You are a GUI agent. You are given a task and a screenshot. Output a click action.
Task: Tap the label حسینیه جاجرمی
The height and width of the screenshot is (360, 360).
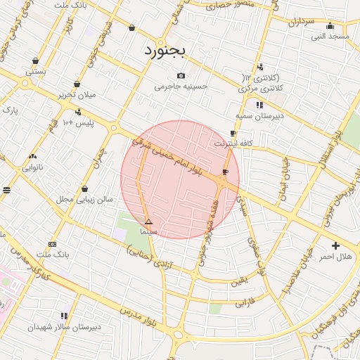[x=181, y=87]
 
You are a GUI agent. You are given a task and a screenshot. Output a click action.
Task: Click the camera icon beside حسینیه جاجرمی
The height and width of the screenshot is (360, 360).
[x=181, y=75]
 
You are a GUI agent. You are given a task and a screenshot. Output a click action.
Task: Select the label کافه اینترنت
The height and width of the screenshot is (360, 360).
[x=233, y=143]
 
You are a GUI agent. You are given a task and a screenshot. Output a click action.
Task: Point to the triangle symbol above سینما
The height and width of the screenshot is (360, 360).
[x=148, y=221]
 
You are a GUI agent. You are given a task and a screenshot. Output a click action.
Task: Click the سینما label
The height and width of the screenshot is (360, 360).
[x=148, y=231]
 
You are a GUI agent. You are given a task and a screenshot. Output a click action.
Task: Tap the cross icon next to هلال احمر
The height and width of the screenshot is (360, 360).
[x=335, y=246]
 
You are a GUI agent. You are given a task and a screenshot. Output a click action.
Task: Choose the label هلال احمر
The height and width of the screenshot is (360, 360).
[x=335, y=257]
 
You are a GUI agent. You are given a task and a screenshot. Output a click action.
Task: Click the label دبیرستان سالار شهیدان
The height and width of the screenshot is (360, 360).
[x=65, y=327]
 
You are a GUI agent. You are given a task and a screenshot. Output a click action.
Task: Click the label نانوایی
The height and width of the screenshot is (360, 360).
[x=32, y=167]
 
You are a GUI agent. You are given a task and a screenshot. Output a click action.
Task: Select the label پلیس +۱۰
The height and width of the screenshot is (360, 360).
[x=78, y=124]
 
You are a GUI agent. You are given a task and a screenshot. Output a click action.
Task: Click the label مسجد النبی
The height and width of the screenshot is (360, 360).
[x=330, y=35]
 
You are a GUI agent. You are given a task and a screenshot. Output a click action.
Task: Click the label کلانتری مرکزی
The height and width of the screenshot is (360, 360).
[x=261, y=89]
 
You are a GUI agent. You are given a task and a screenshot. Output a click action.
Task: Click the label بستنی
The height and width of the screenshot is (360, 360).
[x=36, y=72]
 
